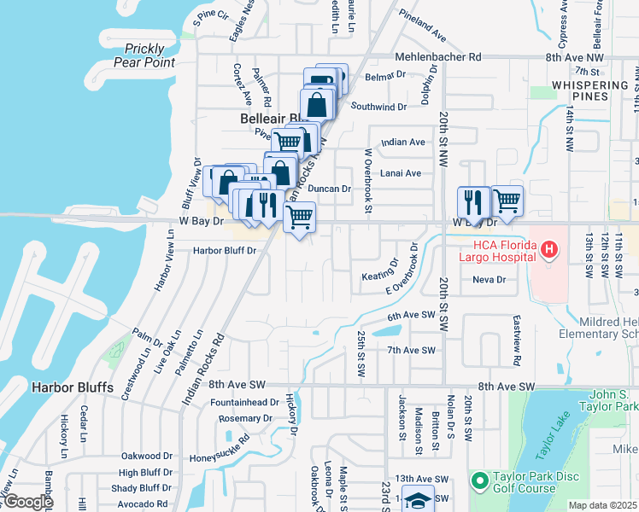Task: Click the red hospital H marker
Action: pos(550,250)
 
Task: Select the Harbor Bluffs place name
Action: pos(73,387)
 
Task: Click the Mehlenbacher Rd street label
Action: pos(438,56)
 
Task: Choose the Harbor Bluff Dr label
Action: pos(225,250)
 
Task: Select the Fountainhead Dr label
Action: pos(244,402)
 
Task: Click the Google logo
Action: pos(29,502)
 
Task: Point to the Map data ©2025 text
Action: pos(602,505)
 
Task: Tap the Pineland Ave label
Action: pos(424,26)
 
